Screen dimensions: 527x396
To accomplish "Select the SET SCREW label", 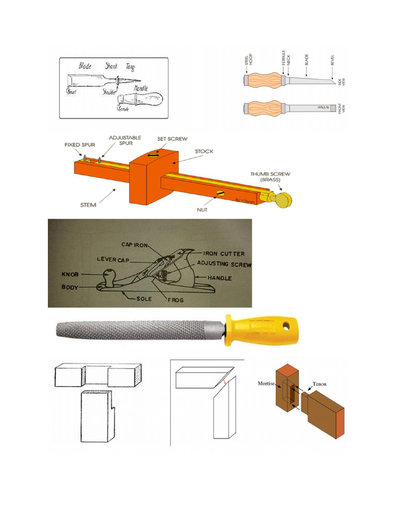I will click(x=172, y=138).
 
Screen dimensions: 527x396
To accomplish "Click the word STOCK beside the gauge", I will click(x=204, y=151).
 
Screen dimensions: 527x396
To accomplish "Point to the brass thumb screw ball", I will click(x=283, y=200).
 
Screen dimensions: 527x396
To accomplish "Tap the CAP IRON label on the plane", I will click(x=135, y=244).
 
